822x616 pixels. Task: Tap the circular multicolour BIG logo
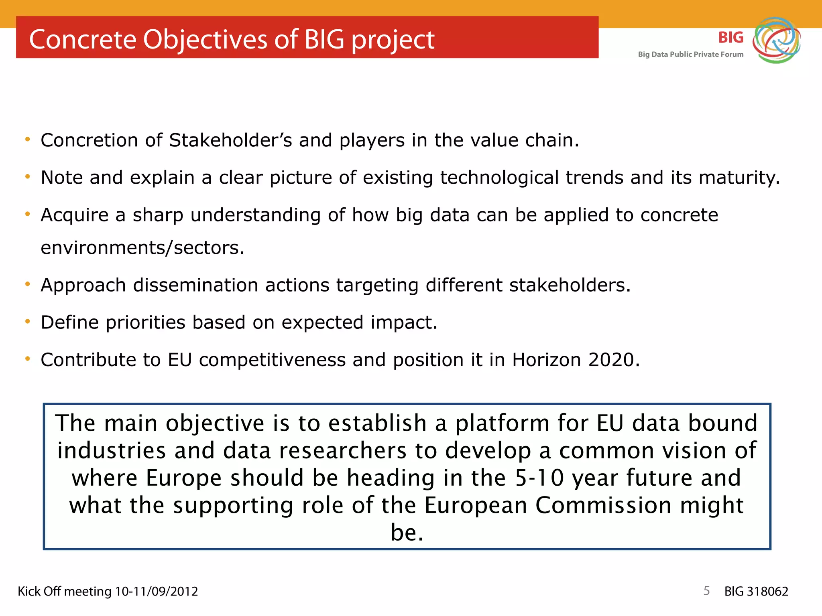click(x=776, y=40)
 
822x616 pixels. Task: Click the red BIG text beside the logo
click(x=730, y=37)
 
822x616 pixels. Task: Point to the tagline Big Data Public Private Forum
click(x=690, y=55)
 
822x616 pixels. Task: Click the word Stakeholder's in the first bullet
click(x=230, y=140)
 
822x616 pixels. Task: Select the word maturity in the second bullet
click(x=739, y=178)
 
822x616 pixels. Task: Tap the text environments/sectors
click(x=142, y=247)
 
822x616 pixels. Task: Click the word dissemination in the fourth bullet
click(x=195, y=285)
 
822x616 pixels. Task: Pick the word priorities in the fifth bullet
click(x=145, y=322)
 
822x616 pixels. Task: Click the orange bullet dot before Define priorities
click(x=27, y=322)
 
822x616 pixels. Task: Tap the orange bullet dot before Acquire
click(x=27, y=214)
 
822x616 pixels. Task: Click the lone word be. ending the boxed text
click(x=407, y=533)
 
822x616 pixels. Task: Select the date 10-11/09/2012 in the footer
click(x=157, y=592)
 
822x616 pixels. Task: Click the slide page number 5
click(x=706, y=591)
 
